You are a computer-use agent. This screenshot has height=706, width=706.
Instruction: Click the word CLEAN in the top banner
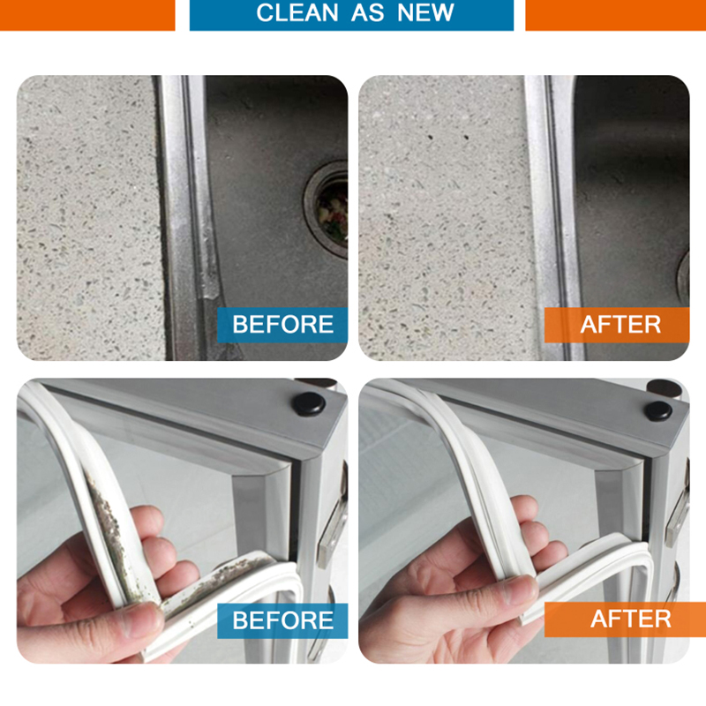coord(297,12)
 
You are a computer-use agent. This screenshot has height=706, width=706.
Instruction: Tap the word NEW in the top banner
coord(425,12)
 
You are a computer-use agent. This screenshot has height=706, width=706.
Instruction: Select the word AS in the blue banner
coord(367,12)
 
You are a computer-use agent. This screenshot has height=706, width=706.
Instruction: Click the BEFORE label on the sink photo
coord(282,324)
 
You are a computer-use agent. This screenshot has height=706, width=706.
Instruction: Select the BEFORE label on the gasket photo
coord(282,620)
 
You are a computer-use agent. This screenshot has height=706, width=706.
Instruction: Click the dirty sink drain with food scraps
coord(328,208)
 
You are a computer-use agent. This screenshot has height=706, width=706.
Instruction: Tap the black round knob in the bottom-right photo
coord(657,410)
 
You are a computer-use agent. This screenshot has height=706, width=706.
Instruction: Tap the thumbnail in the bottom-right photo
coord(518,590)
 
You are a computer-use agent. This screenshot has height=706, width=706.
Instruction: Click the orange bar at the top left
coord(87,15)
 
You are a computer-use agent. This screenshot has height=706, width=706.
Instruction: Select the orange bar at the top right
coord(615,15)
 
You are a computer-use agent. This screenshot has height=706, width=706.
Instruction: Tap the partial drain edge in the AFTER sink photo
coord(683,274)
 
